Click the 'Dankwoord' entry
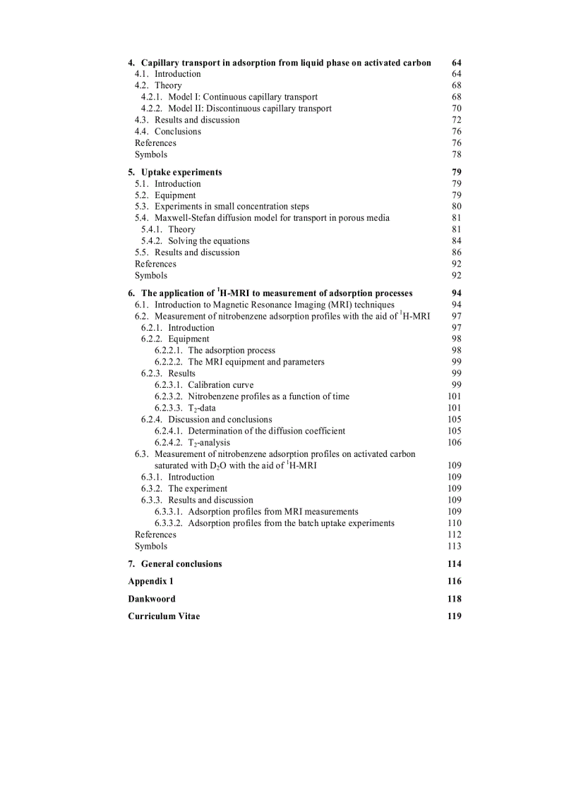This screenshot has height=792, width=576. pyautogui.click(x=152, y=599)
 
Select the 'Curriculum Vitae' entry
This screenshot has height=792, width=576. pyautogui.click(x=164, y=616)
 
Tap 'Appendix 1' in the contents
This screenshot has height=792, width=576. pyautogui.click(x=150, y=581)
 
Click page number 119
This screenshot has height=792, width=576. pyautogui.click(x=454, y=616)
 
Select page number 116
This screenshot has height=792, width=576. pyautogui.click(x=454, y=581)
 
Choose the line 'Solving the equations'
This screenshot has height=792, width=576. pyautogui.click(x=208, y=241)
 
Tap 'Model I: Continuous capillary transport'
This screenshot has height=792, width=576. pyautogui.click(x=242, y=97)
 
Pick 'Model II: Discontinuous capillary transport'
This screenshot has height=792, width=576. pyautogui.click(x=249, y=109)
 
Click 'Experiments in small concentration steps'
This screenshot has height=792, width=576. pyautogui.click(x=232, y=207)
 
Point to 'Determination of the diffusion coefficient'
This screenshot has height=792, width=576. pyautogui.click(x=266, y=431)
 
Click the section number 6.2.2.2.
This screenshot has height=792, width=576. pyautogui.click(x=168, y=362)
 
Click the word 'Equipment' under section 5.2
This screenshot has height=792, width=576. pyautogui.click(x=175, y=195)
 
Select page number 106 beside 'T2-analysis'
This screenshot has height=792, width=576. pyautogui.click(x=454, y=442)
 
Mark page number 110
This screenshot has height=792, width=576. pyautogui.click(x=454, y=523)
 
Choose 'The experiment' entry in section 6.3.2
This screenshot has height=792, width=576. pyautogui.click(x=198, y=489)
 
